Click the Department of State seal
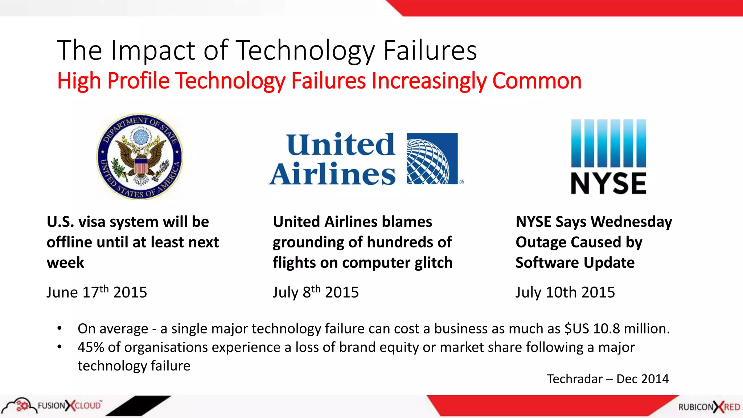pyautogui.click(x=140, y=157)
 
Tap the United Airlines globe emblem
pyautogui.click(x=432, y=159)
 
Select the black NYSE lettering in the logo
pyautogui.click(x=608, y=183)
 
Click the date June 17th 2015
pyautogui.click(x=97, y=292)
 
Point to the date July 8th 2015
pyautogui.click(x=316, y=292)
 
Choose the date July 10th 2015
pyautogui.click(x=565, y=292)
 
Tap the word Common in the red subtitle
pyautogui.click(x=537, y=81)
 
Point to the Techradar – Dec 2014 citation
pyautogui.click(x=608, y=379)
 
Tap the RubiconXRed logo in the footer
pyautogui.click(x=709, y=407)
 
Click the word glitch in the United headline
pyautogui.click(x=434, y=263)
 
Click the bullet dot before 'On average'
pyautogui.click(x=59, y=328)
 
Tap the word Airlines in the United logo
pyautogui.click(x=332, y=175)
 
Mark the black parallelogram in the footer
pyautogui.click(x=138, y=405)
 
